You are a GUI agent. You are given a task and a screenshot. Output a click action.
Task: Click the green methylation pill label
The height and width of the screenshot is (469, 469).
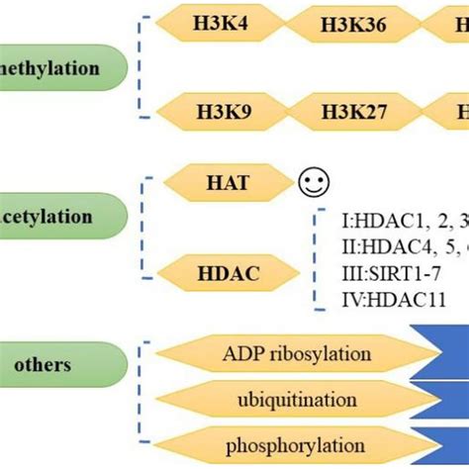point(59,69)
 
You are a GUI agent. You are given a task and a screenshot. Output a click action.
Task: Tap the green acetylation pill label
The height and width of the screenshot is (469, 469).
point(59,213)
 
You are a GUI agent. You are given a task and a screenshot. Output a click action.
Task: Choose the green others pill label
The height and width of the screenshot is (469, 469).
point(49,364)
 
